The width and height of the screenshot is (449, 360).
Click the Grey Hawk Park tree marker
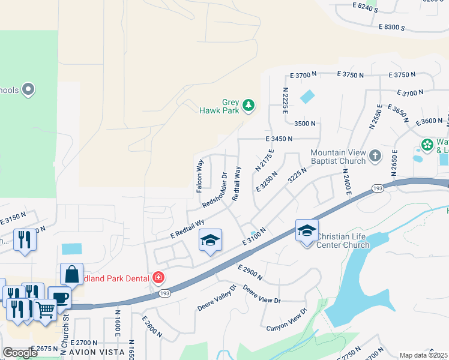(x=248, y=107)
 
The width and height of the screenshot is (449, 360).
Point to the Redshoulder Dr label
(x=215, y=190)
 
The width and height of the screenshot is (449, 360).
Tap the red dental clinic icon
(x=158, y=277)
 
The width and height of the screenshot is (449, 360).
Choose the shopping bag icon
(x=71, y=274)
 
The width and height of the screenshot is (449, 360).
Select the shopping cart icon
(x=45, y=310)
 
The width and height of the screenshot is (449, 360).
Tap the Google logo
(x=20, y=353)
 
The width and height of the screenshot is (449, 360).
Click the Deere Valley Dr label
(x=217, y=298)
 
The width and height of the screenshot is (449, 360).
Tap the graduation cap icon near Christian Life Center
(x=306, y=230)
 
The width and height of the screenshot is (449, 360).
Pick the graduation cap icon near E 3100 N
(x=211, y=240)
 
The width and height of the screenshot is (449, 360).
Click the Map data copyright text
(x=423, y=355)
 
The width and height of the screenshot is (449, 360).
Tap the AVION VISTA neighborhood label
(x=96, y=352)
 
